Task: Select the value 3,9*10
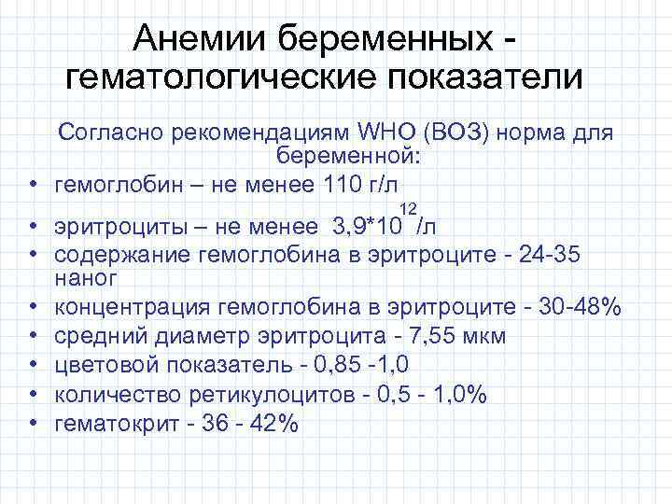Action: (x=366, y=227)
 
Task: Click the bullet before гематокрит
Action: (x=32, y=423)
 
